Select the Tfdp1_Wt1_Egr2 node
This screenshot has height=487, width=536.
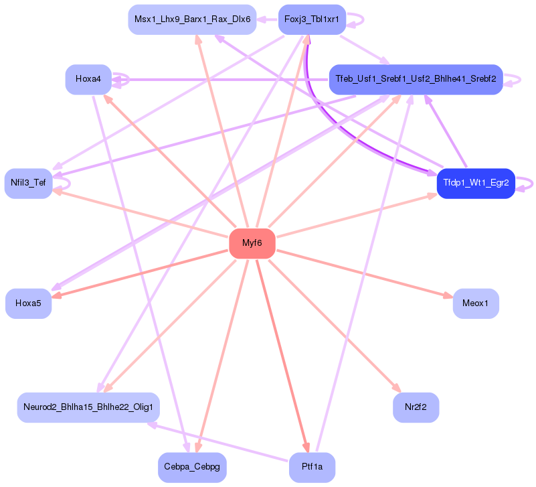(x=475, y=184)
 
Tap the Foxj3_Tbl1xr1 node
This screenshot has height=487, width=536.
(x=312, y=19)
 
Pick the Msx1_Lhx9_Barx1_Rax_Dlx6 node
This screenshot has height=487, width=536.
(x=192, y=19)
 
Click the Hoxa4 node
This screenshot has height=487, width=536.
(x=88, y=80)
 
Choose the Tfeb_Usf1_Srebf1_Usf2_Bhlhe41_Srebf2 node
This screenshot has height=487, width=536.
(x=416, y=80)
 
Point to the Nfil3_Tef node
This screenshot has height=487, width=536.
(x=28, y=182)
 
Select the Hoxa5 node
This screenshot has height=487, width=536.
(x=28, y=303)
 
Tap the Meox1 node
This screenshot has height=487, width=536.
(x=476, y=303)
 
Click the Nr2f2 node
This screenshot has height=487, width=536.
(x=416, y=407)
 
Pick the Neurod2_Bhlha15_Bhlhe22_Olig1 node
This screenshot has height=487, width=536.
(x=88, y=407)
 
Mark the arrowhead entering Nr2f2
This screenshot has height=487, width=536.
(x=397, y=389)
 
